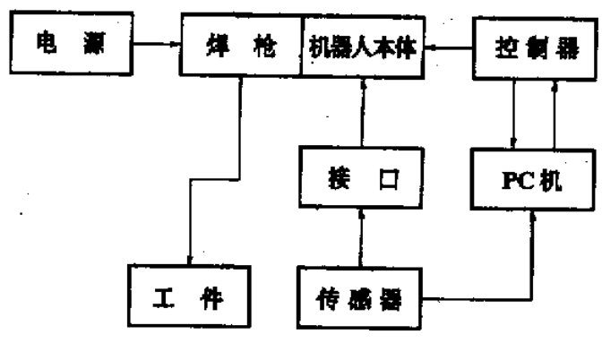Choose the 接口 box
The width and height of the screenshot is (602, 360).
(x=358, y=179)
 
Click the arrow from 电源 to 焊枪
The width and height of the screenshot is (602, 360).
(x=156, y=42)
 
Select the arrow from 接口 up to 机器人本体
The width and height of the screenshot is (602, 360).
(x=361, y=116)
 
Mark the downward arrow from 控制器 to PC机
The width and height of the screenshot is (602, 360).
(x=512, y=113)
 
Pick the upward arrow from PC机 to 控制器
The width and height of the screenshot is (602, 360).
(x=555, y=113)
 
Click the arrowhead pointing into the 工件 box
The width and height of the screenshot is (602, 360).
(x=191, y=259)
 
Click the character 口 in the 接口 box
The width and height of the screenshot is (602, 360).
(x=387, y=179)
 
